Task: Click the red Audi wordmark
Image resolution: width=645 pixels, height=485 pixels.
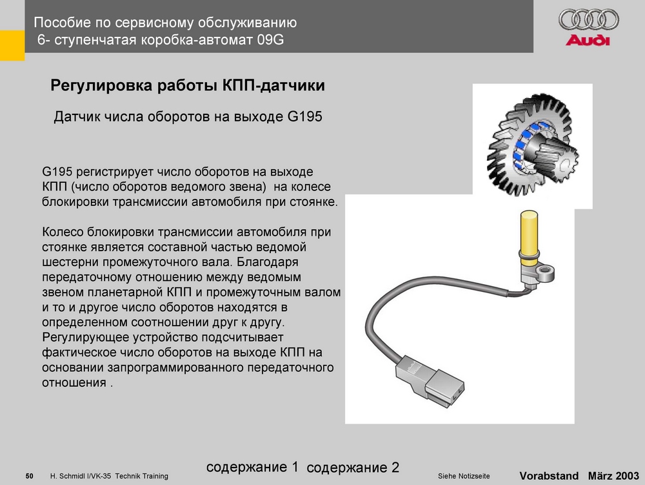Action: [588, 40]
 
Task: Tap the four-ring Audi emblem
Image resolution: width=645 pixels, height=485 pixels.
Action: [589, 20]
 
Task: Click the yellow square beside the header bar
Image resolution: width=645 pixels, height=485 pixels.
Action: [12, 45]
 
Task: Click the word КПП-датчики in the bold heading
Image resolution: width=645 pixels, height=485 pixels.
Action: [273, 85]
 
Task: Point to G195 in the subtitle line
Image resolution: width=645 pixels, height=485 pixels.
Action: [304, 116]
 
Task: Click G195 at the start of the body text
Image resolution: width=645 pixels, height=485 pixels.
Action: [57, 171]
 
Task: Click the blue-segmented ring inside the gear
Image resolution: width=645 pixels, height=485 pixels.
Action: [529, 144]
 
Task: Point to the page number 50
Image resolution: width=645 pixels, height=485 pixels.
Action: [29, 476]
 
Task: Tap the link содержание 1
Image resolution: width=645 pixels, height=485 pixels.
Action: [252, 466]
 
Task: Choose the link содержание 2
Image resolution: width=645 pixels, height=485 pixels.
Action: [353, 468]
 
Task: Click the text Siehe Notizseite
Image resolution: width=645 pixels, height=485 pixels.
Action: [464, 476]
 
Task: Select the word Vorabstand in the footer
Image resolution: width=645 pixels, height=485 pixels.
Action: [549, 475]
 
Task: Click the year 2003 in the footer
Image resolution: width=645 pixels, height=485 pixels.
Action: [628, 475]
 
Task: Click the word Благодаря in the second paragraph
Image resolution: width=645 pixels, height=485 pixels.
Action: [268, 262]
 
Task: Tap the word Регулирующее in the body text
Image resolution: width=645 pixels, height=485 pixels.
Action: [86, 338]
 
